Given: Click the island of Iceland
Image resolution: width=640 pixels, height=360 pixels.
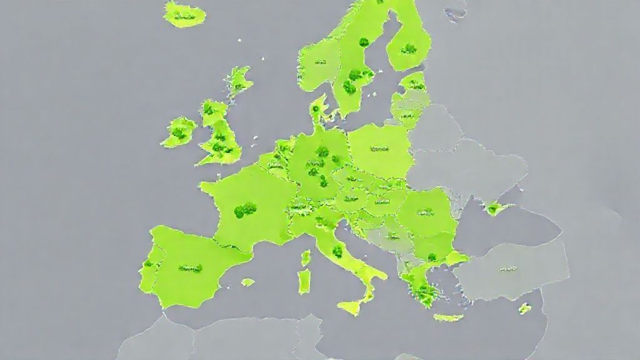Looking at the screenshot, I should point(184,14).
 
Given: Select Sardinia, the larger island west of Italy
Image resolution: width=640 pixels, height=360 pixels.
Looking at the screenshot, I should point(304,281).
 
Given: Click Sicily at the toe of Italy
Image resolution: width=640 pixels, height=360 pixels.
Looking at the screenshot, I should point(351,307).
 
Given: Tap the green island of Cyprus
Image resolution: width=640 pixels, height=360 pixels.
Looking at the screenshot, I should point(524,308).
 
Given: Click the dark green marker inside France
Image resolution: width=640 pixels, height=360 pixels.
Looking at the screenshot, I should point(245,209).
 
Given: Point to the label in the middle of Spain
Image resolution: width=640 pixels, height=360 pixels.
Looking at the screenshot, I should point(190,269).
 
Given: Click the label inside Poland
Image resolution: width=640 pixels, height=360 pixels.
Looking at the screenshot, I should point(379,150).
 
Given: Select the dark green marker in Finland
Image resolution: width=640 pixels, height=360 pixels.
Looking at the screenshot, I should point(409,48).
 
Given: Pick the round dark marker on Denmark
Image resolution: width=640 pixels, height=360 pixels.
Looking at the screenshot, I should point(316,109).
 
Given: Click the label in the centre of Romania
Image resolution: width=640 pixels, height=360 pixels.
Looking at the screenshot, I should point(426,212).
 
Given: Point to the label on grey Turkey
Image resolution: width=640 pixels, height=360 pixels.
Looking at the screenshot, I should point(507,269).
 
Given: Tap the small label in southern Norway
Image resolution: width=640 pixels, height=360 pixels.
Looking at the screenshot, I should point(321,62).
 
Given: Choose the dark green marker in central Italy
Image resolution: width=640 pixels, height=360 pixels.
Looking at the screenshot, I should point(337,251).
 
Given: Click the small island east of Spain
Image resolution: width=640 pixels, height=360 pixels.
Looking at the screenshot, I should point(248,282).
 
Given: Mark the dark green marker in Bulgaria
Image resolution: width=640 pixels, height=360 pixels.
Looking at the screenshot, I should point(431,257).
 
